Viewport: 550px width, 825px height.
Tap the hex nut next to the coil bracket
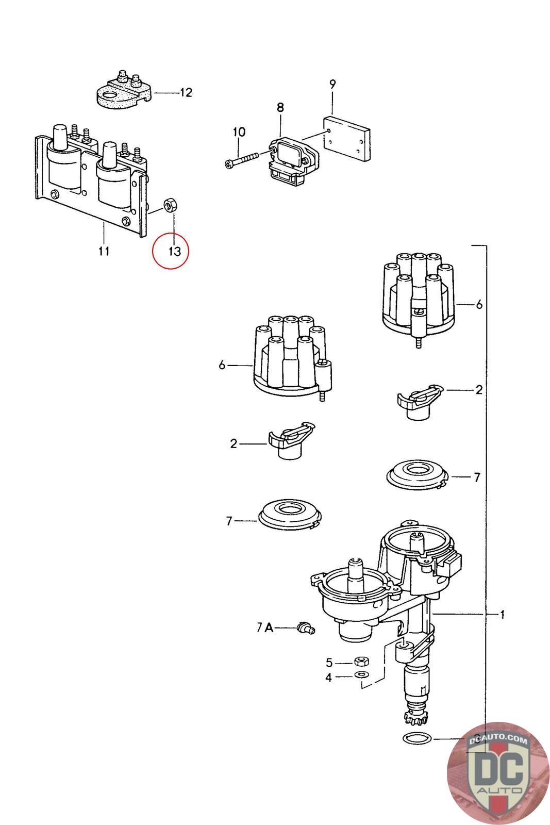(x=169, y=205)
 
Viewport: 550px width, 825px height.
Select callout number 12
(x=186, y=93)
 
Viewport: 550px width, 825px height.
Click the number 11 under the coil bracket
(x=104, y=251)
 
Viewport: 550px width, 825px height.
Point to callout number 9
(x=332, y=84)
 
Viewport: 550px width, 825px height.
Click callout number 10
(x=239, y=132)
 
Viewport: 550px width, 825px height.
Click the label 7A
(x=264, y=628)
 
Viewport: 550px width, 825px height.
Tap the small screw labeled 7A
(x=305, y=629)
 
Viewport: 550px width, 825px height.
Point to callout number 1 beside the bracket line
(x=502, y=615)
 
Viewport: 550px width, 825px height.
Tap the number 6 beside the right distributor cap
(x=479, y=305)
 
